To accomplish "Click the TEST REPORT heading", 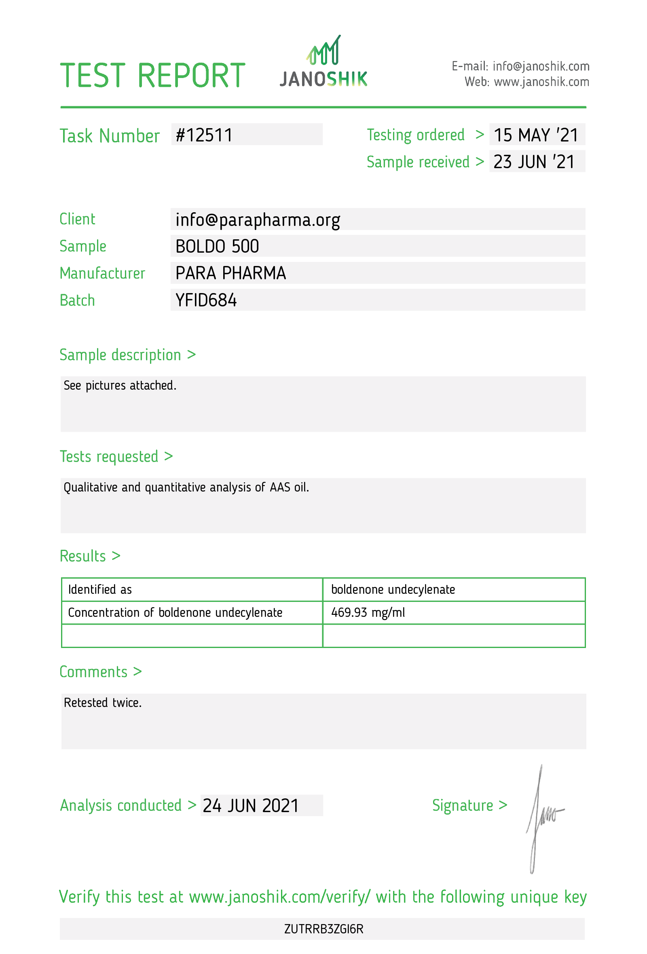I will [152, 76].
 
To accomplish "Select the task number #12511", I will [204, 135].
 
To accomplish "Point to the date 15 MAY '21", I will [536, 135].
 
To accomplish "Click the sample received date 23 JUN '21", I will [534, 162].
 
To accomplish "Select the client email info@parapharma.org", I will [258, 220].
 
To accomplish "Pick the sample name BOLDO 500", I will [217, 247].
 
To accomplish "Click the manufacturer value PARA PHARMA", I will [231, 273].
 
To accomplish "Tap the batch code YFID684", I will [206, 300].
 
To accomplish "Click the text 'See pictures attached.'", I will [120, 386].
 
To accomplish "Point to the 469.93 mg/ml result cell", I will [368, 612].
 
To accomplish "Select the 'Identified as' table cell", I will [100, 589].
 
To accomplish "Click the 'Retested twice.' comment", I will [103, 703].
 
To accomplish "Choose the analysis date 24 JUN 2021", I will [250, 806].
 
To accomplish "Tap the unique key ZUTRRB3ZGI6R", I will [323, 929].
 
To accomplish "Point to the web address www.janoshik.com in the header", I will [541, 82].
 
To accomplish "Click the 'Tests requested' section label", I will [109, 457].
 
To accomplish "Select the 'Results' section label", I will [83, 556].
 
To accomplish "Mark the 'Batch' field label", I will [77, 300].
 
